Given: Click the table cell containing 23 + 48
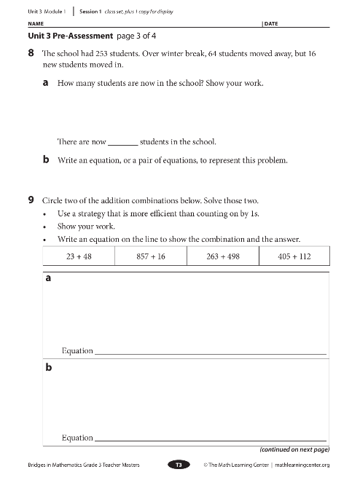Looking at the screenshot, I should (x=79, y=256).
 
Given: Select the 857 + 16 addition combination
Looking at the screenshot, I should (x=151, y=256).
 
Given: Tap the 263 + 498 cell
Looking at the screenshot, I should (x=223, y=256).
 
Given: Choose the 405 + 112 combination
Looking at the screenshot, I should (x=294, y=256).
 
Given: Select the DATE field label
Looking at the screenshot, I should (x=271, y=24).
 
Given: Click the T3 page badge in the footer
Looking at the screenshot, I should (x=179, y=464).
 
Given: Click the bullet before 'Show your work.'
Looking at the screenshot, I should (x=46, y=227).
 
